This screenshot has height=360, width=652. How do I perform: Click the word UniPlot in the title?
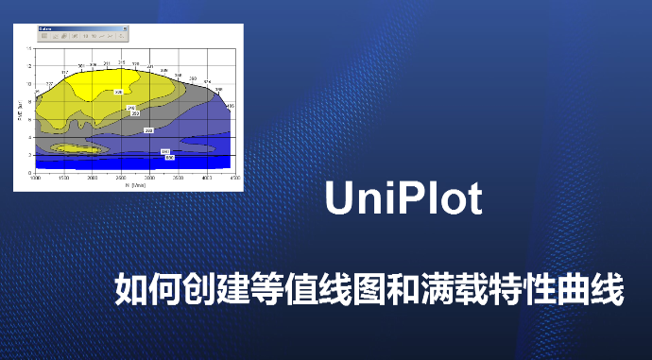pyautogui.click(x=403, y=200)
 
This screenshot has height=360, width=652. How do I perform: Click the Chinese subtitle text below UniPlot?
pyautogui.click(x=369, y=288)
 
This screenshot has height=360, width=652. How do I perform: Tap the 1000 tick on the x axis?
pyautogui.click(x=36, y=178)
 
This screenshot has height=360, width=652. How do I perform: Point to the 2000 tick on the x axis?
pyautogui.click(x=92, y=178)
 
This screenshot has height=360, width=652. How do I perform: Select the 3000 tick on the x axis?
pyautogui.click(x=149, y=178)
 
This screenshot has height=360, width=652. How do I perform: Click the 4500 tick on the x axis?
pyautogui.click(x=234, y=178)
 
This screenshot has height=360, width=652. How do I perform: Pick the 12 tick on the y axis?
pyautogui.click(x=29, y=65)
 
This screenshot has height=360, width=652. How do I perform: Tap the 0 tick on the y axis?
pyautogui.click(x=30, y=172)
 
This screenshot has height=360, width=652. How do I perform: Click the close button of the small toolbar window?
pyautogui.click(x=126, y=28)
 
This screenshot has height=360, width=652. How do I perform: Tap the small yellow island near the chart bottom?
pyautogui.click(x=76, y=148)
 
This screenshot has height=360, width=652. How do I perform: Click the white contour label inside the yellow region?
pyautogui.click(x=119, y=92)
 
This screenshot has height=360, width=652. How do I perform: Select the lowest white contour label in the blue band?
pyautogui.click(x=169, y=157)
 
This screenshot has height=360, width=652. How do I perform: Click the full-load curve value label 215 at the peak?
pyautogui.click(x=121, y=62)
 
